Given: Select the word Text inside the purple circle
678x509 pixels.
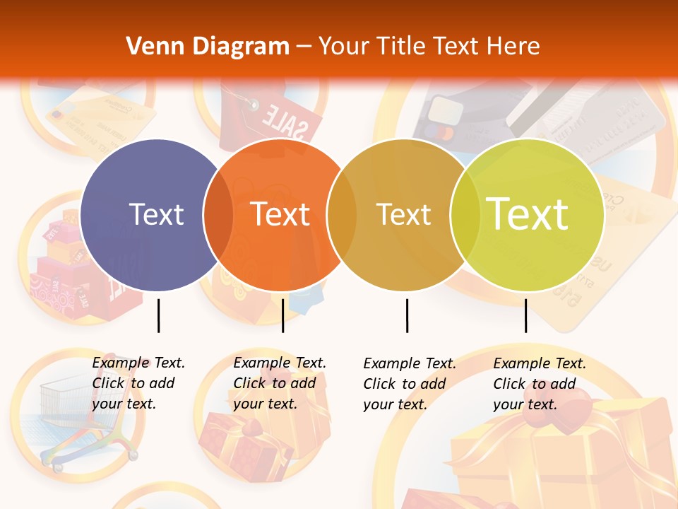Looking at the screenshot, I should [156, 214].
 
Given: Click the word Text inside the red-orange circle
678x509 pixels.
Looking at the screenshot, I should [280, 214].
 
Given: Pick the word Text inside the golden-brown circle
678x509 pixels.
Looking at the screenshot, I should [403, 214].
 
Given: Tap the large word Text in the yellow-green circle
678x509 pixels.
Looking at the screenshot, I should [528, 213].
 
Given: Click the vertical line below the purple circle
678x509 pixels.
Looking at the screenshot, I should [158, 315].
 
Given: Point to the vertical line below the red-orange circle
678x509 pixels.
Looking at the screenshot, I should [282, 315].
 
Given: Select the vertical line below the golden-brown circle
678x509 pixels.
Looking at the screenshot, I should [407, 315].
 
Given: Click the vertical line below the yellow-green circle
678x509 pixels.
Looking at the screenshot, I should [525, 315].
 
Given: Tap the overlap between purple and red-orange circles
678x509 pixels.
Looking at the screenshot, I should [218, 215].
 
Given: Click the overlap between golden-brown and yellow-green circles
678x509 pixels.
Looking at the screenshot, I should [465, 215].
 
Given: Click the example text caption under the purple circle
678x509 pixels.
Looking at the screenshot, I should [138, 383].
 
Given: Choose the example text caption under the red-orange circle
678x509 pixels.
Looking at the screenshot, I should [280, 383].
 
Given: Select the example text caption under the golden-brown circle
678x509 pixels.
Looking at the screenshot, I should [410, 384].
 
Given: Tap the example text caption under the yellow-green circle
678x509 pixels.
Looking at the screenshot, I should [540, 384].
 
